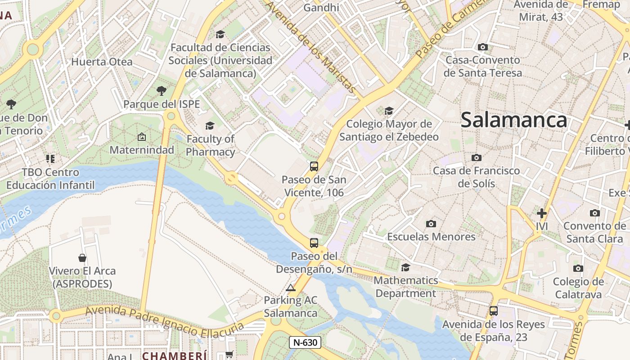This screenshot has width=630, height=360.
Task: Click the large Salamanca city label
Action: [513, 120]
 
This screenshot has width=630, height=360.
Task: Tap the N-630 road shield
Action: [305, 342]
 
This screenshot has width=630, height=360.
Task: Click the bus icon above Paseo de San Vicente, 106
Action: [314, 166]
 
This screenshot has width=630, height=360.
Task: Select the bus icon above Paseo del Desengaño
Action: [314, 243]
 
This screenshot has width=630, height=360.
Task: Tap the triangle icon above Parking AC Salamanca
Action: [291, 288]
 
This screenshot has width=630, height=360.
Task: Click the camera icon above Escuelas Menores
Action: [431, 224]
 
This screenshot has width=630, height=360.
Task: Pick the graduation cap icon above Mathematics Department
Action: [405, 267]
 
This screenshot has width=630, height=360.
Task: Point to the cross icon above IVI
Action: [542, 213]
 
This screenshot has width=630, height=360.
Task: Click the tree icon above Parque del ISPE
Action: [162, 91]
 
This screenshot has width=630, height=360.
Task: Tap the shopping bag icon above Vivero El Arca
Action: [82, 258]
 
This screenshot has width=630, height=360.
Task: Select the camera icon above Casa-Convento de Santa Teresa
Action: [482, 47]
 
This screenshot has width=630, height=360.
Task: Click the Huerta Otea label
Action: [102, 62]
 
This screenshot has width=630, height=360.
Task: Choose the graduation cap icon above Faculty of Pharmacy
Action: [210, 126]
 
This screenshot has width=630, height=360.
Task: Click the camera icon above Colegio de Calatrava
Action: [578, 269]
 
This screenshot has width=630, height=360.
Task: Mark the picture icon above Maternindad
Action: [142, 137]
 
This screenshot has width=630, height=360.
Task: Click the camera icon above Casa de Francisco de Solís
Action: [476, 157]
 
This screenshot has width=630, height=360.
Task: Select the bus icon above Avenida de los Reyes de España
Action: [494, 310]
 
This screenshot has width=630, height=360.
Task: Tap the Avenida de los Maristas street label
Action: [311, 47]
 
